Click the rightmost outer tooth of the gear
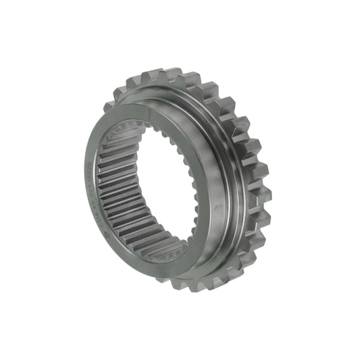pyautogui.click(x=265, y=196)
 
